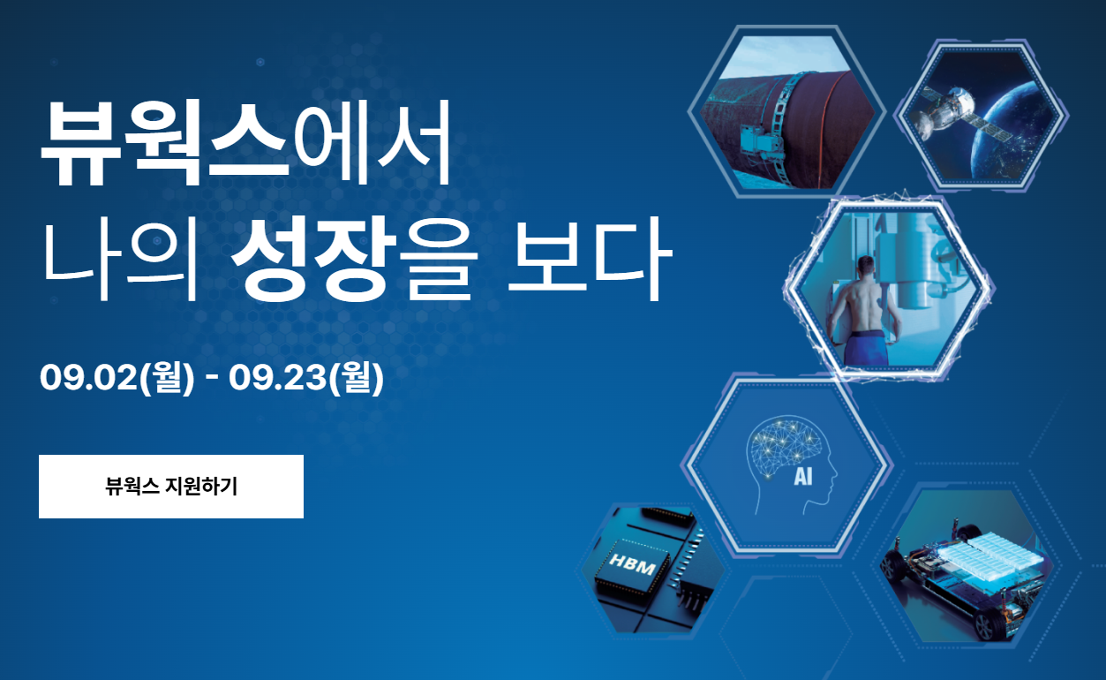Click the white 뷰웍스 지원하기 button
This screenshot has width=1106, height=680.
click(171, 487)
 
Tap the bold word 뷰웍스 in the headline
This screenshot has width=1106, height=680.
click(165, 143)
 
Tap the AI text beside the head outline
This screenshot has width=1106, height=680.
click(802, 477)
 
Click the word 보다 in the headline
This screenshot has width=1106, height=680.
click(590, 260)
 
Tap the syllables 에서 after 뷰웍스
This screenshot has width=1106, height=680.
click(372, 143)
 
